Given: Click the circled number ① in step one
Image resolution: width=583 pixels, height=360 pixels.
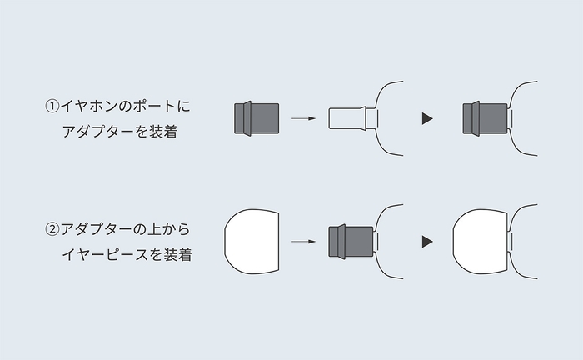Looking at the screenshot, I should click(x=52, y=107).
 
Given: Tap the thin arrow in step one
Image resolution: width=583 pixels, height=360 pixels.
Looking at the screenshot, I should click(x=303, y=119).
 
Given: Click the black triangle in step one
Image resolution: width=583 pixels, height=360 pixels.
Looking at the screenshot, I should click(x=427, y=119).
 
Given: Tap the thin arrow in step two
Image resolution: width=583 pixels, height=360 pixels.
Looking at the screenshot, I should click(x=303, y=242).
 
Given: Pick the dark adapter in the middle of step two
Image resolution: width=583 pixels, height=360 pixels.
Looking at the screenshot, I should click(x=352, y=241).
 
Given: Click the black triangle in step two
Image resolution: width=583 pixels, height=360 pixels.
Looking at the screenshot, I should click(x=427, y=242).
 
